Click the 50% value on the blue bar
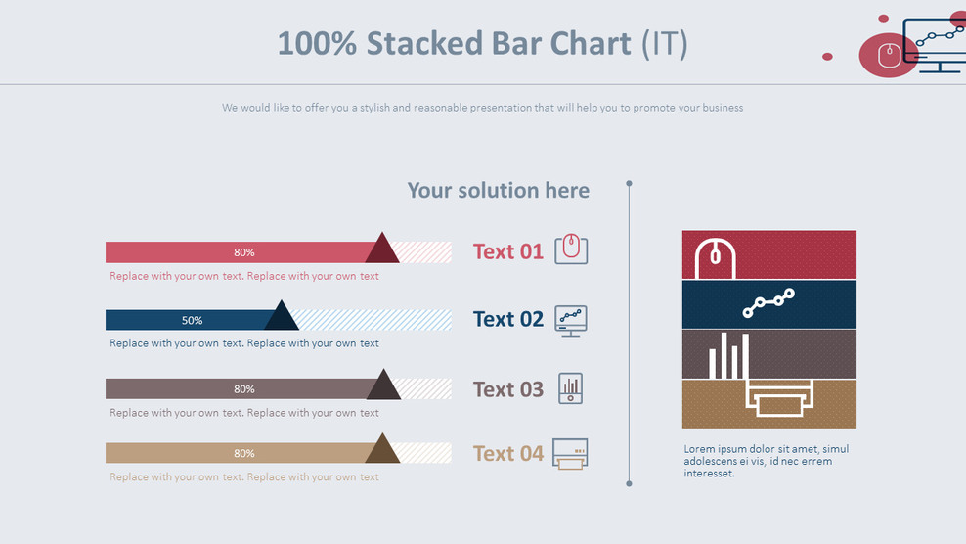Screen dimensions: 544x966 pyautogui.click(x=192, y=320)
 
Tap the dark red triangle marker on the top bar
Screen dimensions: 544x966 pyautogui.click(x=382, y=250)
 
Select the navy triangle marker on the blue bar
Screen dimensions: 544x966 pyautogui.click(x=282, y=318)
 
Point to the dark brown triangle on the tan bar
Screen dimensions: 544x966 pyautogui.click(x=382, y=450)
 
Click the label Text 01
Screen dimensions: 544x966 pyautogui.click(x=507, y=251)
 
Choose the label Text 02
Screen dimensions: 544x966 pyautogui.click(x=507, y=319)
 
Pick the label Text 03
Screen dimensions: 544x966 pyautogui.click(x=507, y=389)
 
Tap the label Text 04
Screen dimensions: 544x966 pyautogui.click(x=507, y=453)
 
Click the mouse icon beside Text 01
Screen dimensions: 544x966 pyautogui.click(x=571, y=249)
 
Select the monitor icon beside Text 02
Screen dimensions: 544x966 pyautogui.click(x=571, y=320)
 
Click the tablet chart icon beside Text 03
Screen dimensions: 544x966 pyautogui.click(x=571, y=388)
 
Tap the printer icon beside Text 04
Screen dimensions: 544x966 pyautogui.click(x=570, y=453)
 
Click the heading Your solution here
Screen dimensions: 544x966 pyautogui.click(x=498, y=190)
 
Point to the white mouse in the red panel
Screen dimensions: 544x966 pyautogui.click(x=715, y=257)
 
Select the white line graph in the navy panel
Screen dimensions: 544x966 pyautogui.click(x=768, y=303)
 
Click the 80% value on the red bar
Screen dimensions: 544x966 pyautogui.click(x=243, y=252)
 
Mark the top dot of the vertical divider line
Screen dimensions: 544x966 pyautogui.click(x=629, y=183)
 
